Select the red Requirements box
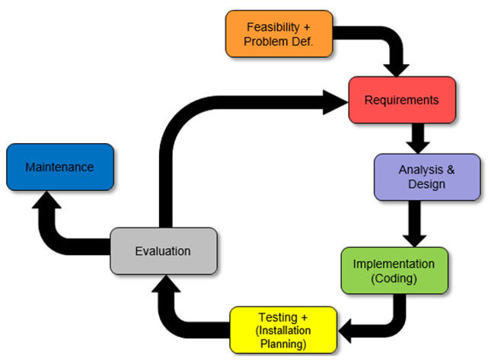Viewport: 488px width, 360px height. point(401,100)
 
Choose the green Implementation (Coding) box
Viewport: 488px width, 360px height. point(394,270)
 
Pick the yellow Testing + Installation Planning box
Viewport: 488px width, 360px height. point(283,329)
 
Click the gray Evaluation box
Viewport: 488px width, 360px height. point(163,251)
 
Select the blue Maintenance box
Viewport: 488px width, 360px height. point(59,167)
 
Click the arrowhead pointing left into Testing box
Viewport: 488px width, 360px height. point(345,329)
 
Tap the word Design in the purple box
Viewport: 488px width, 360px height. point(426,184)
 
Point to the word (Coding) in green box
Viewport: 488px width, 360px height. point(394,278)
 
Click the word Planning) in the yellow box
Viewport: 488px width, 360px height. point(283,342)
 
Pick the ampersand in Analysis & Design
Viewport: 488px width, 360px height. point(448,170)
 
